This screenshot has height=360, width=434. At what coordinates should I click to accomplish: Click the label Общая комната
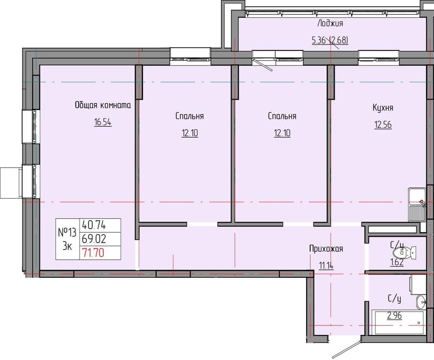tap(103, 105)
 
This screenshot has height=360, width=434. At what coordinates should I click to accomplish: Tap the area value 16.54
tap(103, 122)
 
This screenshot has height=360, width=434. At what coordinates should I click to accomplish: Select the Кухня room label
tap(383, 107)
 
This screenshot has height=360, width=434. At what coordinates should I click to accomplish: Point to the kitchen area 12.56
tap(383, 125)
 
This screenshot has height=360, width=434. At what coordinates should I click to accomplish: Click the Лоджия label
tap(330, 23)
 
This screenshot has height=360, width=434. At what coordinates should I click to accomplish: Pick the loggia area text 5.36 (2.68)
tap(330, 40)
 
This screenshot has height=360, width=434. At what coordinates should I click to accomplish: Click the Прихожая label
tap(326, 248)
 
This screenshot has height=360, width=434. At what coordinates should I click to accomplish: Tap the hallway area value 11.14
tap(326, 266)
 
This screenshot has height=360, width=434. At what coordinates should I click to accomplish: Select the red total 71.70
tap(93, 253)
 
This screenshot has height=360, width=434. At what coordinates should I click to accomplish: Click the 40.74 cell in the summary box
tap(94, 225)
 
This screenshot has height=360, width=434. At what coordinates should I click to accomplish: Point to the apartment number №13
tap(67, 233)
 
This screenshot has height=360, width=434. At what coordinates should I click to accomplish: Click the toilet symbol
tap(405, 253)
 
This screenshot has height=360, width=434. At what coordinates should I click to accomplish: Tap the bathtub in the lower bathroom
tap(398, 322)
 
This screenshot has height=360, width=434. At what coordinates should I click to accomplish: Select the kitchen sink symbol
tap(417, 205)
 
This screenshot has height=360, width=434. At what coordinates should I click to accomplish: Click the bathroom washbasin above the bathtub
tap(421, 302)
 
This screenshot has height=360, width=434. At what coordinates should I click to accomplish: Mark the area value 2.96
tap(394, 315)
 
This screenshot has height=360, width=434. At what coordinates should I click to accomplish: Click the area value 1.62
tap(397, 263)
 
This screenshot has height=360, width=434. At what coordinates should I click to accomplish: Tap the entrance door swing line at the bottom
tap(347, 348)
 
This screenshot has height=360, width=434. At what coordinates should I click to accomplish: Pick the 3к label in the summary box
tap(67, 246)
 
